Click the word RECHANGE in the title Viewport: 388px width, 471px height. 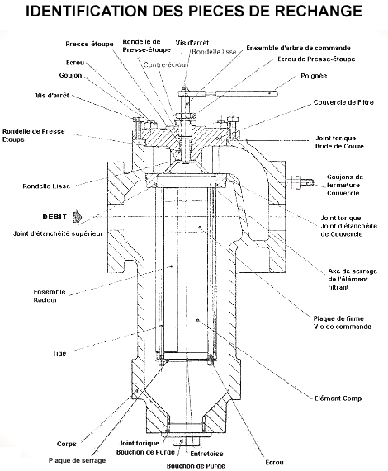click(319, 12)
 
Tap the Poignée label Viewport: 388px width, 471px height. click(314, 76)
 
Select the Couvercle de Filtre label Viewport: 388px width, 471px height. click(343, 102)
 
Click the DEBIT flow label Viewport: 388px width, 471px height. click(54, 217)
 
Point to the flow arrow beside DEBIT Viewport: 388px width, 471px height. click(78, 217)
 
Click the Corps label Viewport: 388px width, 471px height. click(67, 444)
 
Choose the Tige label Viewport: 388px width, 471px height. click(59, 353)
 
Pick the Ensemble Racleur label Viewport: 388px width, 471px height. click(50, 296)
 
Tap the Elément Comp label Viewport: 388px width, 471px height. click(338, 398)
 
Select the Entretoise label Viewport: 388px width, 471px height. click(206, 454)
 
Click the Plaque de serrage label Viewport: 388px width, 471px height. click(78, 460)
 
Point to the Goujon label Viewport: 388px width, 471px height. click(71, 75)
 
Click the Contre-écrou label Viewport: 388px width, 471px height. click(165, 64)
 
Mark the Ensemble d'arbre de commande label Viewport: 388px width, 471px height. click(299, 48)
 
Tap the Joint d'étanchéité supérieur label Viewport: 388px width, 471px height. click(58, 233)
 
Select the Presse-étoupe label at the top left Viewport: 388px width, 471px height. click(89, 45)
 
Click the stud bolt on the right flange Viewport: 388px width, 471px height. click(300, 182)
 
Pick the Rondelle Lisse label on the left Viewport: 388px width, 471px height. click(46, 186)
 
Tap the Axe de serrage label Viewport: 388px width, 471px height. click(353, 279)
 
